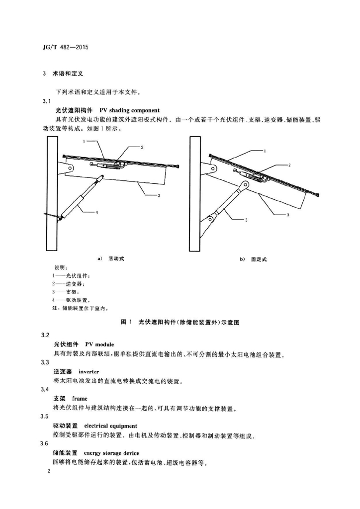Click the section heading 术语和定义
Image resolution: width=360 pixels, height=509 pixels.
[68, 74]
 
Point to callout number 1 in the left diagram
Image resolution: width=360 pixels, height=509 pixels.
[85, 141]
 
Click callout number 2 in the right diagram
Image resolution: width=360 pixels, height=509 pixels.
[289, 164]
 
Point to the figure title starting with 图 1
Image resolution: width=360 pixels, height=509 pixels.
[180, 322]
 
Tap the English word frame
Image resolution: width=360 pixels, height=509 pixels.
[80, 399]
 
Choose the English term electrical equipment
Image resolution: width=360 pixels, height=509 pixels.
[110, 426]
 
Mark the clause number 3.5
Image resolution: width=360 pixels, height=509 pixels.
[46, 416]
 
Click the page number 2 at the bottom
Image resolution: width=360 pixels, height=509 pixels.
[45, 470]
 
